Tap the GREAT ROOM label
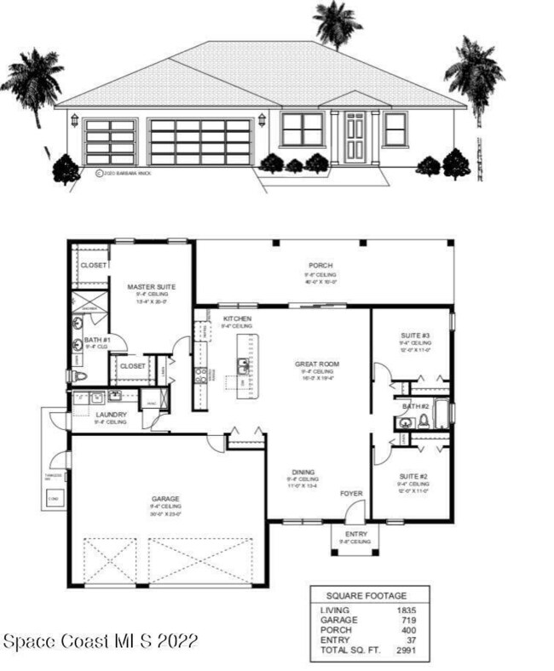coord(317,364)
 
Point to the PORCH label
coord(320,266)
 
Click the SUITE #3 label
coord(414,335)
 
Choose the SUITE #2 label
coord(413,477)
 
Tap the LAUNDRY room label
coord(111,415)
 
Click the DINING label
coord(303,472)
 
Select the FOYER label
coord(351,493)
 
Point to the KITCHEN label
coord(236,318)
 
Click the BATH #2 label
coord(415,406)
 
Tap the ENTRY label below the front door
coord(355,534)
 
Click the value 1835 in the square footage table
coord(406,611)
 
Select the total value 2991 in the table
coord(406,650)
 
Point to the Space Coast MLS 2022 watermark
coord(101,640)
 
